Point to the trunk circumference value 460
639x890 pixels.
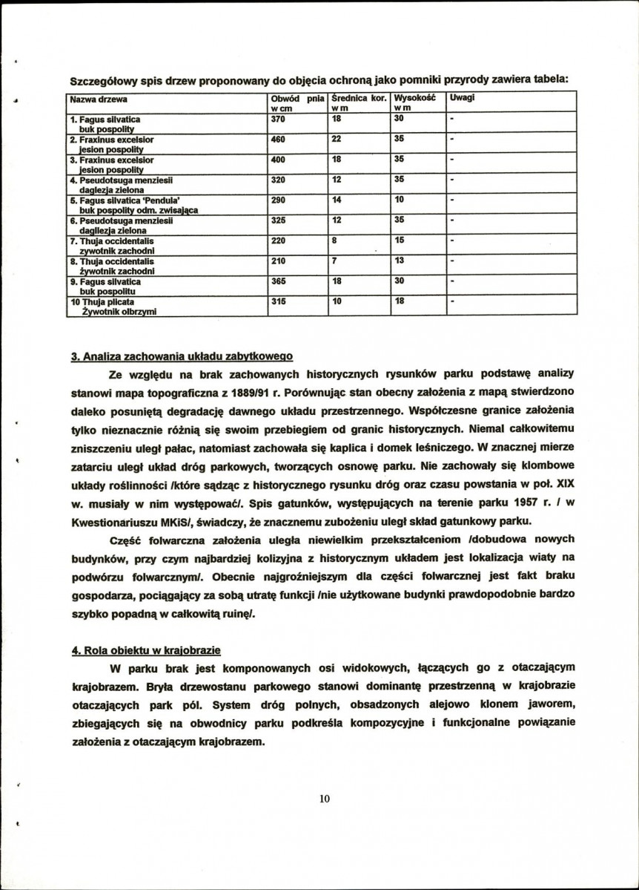(x=278, y=139)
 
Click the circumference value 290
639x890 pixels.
(x=278, y=200)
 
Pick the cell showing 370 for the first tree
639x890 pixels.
(x=278, y=119)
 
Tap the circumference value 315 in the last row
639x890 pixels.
(x=278, y=302)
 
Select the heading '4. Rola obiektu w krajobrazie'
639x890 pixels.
(x=146, y=650)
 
